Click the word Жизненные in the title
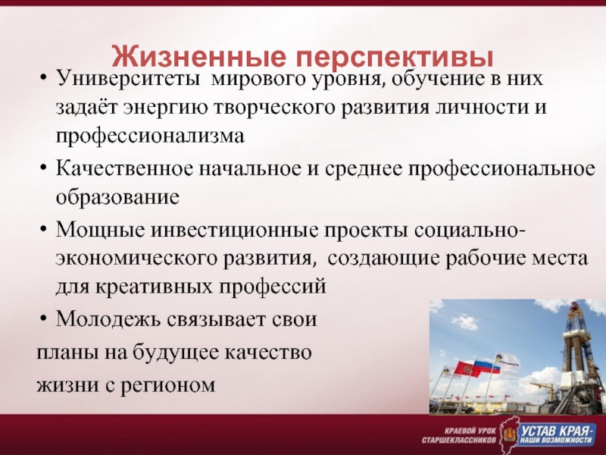coord(199,57)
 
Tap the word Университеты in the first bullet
coord(128,79)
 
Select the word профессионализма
coord(150,136)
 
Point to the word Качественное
coord(124,169)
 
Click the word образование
coord(118,197)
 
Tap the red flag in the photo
coord(465,369)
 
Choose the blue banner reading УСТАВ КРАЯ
coord(557,435)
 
